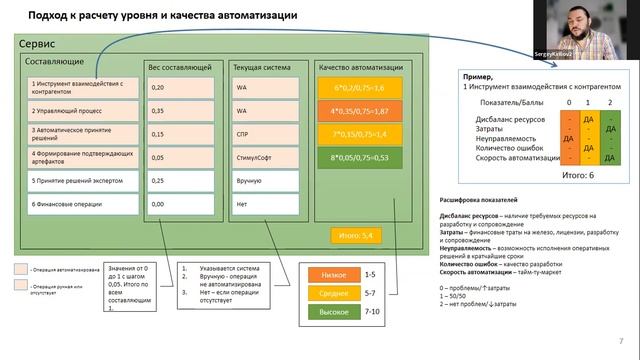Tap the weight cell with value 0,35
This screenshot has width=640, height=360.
click(x=182, y=111)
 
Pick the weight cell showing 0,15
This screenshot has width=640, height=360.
click(x=182, y=133)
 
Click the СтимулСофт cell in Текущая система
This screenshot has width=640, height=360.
click(x=265, y=156)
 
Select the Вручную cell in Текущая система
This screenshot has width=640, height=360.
click(x=265, y=180)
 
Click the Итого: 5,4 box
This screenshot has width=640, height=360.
click(x=356, y=235)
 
